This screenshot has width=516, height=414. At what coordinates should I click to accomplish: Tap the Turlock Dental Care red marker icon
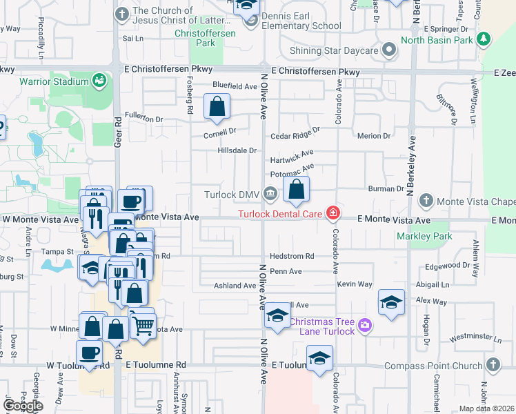pos(333,213)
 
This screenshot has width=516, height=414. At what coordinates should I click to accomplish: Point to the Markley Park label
pos(424,237)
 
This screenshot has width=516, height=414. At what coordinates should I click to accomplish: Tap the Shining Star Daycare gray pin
pos(389,50)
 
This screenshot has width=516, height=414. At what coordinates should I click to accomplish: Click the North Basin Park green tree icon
pos(484,39)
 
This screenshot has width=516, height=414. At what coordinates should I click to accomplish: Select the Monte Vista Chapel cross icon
pos(426,201)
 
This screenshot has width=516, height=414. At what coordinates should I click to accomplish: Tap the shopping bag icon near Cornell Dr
pos(217,107)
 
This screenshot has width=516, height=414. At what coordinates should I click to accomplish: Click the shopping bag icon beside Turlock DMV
pos(296,189)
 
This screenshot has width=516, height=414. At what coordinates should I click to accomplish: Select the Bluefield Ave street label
pos(235,86)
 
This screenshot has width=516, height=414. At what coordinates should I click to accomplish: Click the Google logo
pos(23,406)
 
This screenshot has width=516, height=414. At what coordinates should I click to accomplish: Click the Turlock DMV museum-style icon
pos(269,195)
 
